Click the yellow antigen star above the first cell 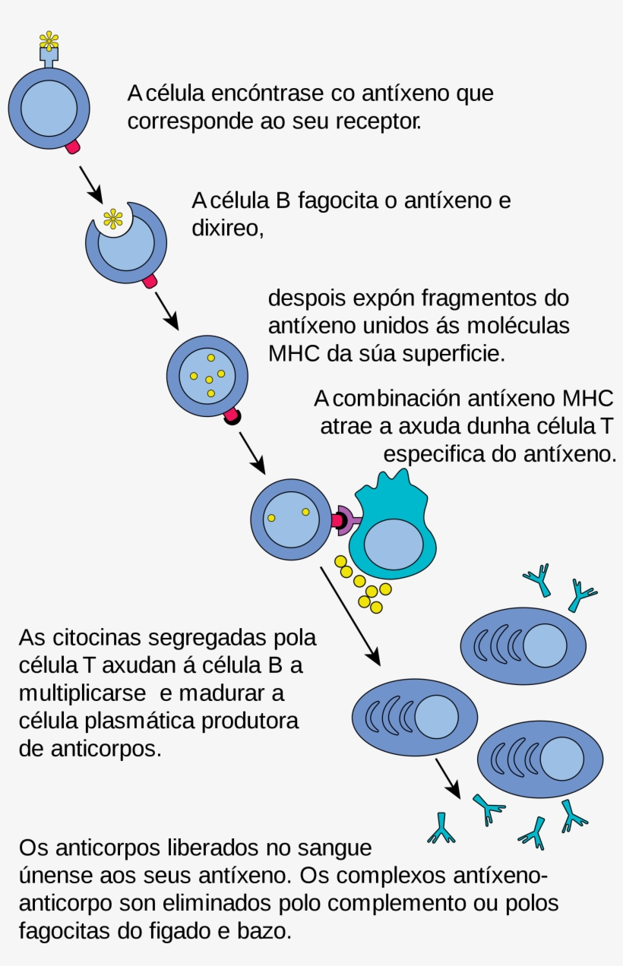[49, 39]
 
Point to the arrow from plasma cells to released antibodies [447, 779]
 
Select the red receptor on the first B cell [73, 147]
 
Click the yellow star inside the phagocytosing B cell [112, 219]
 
